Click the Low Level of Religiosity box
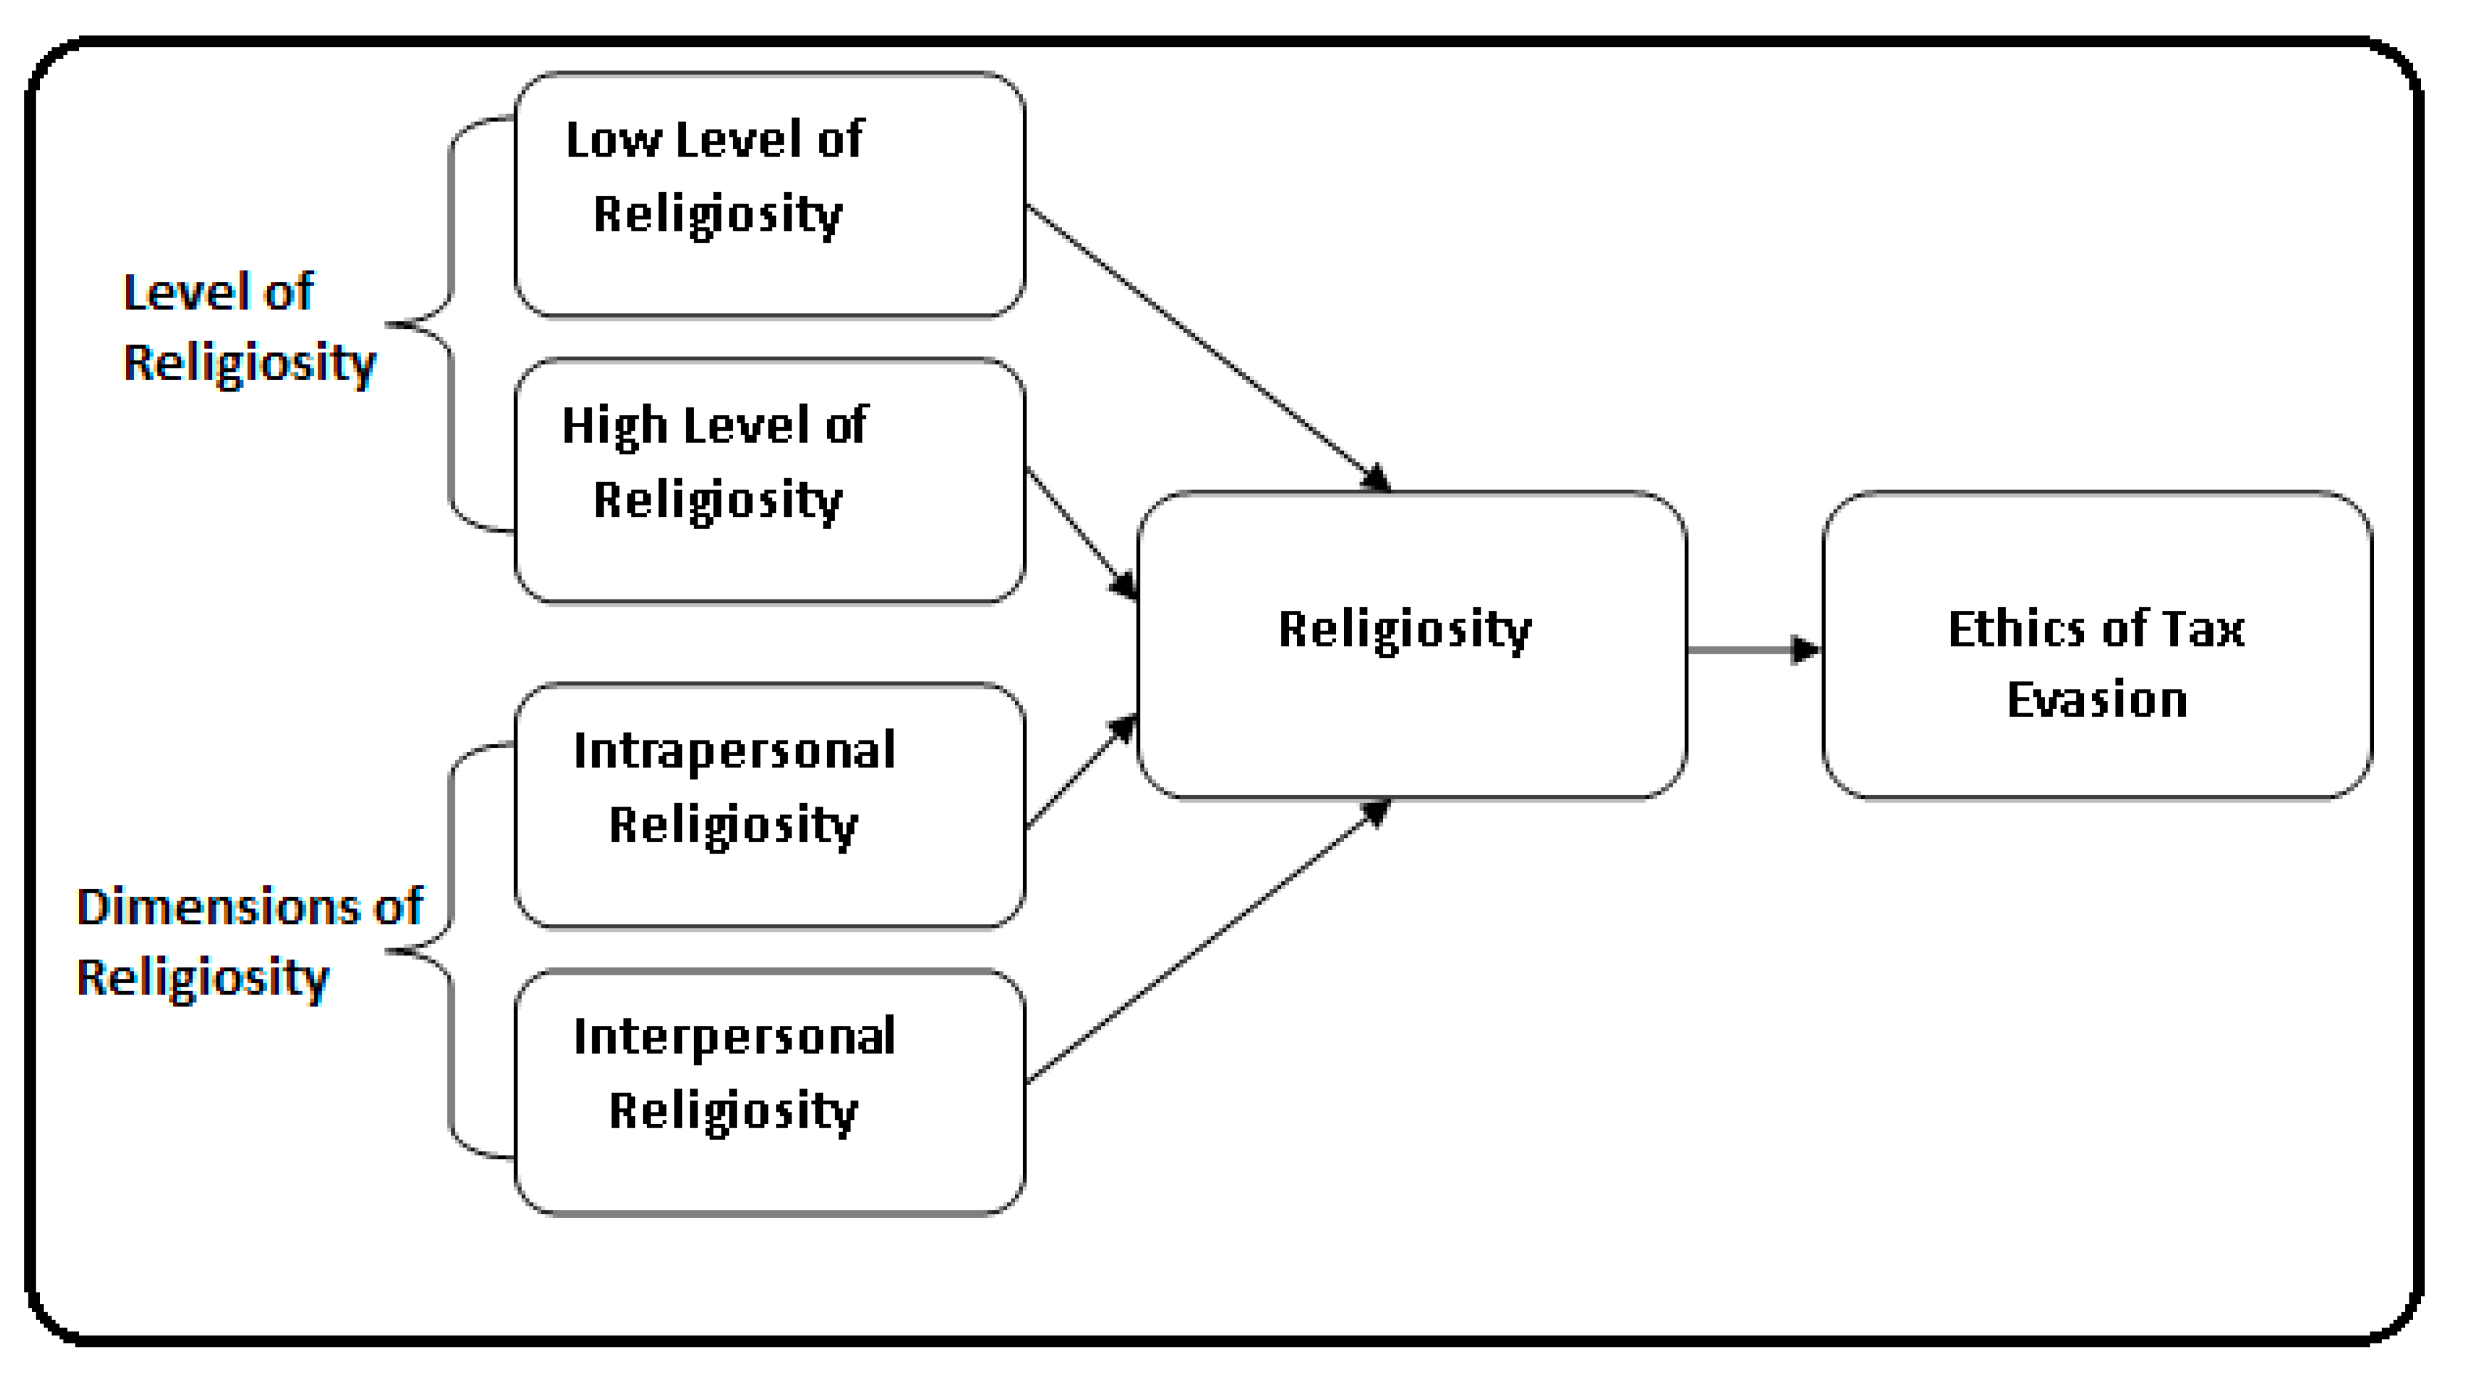coord(769,195)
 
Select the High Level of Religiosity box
coord(769,481)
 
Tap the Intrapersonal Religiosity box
coord(769,806)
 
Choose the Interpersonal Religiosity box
coord(769,1092)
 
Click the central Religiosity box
coord(1412,644)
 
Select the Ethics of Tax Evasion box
coord(2096,644)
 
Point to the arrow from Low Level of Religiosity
coord(1206,345)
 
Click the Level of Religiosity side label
coord(249,328)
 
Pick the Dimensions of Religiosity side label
coord(249,943)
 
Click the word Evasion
coord(2096,701)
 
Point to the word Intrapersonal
coord(734,750)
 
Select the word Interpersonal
coord(734,1037)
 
